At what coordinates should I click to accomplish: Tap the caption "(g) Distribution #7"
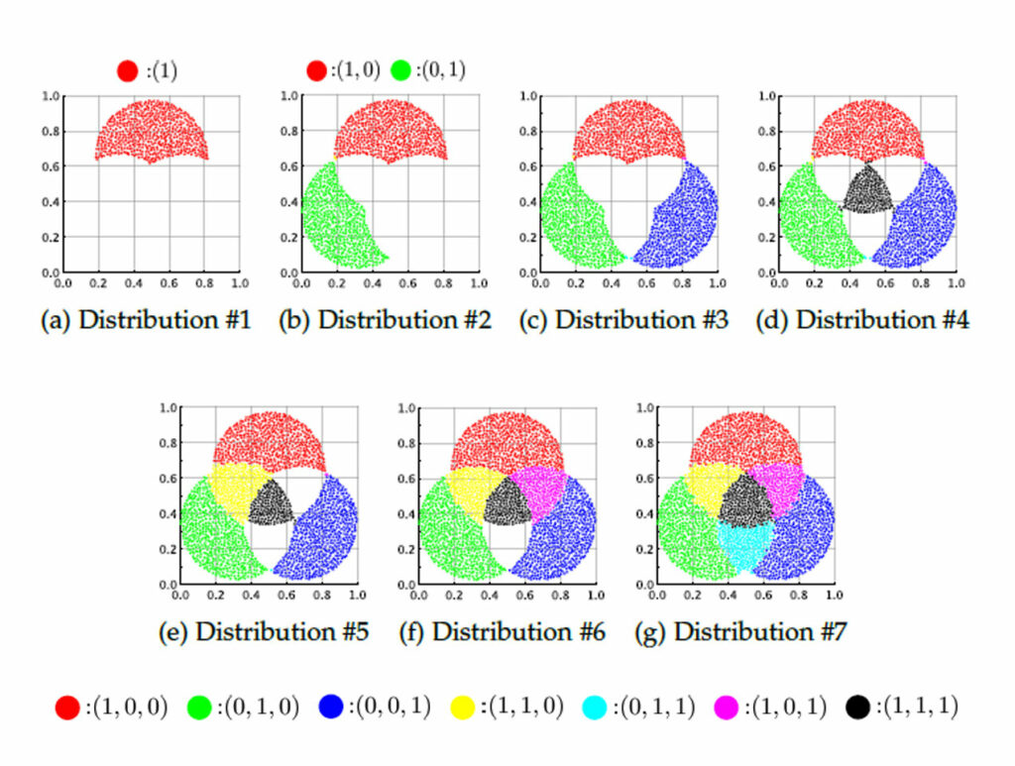pyautogui.click(x=740, y=632)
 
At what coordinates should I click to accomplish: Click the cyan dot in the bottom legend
pyautogui.click(x=597, y=708)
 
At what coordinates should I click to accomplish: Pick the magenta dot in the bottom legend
pyautogui.click(x=730, y=708)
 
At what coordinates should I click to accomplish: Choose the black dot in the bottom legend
pyautogui.click(x=859, y=708)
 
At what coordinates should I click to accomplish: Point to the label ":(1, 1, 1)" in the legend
pyautogui.click(x=915, y=708)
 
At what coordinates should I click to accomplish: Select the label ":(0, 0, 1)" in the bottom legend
pyautogui.click(x=388, y=708)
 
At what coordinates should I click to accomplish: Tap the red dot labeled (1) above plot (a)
pyautogui.click(x=127, y=71)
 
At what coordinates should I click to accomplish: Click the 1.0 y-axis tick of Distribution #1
pyautogui.click(x=50, y=96)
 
